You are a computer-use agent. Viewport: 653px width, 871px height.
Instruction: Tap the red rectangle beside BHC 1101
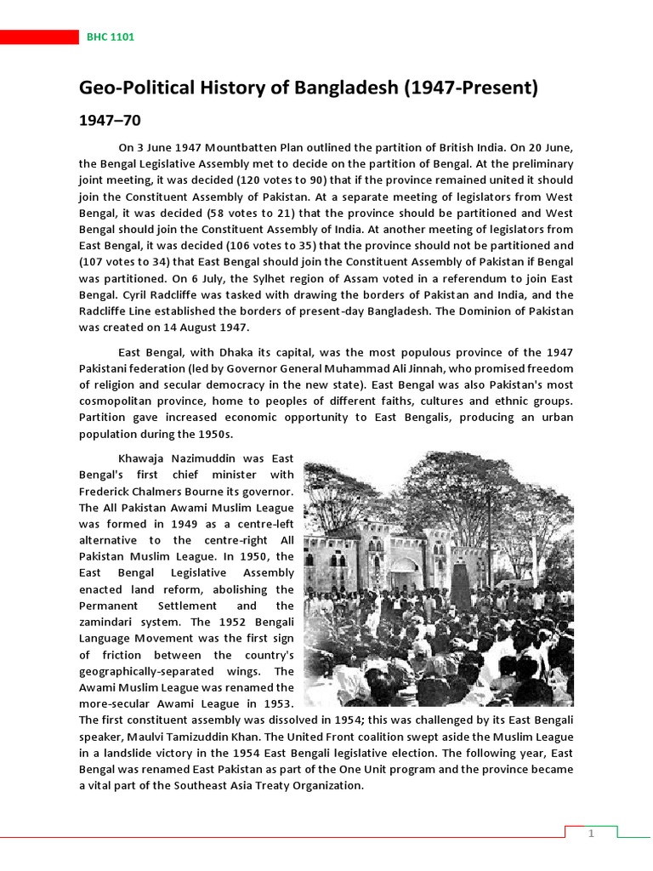pos(39,37)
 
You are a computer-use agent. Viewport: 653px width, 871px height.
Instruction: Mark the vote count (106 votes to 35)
pos(276,246)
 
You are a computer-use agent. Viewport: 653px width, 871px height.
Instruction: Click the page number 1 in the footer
pos(591,834)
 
